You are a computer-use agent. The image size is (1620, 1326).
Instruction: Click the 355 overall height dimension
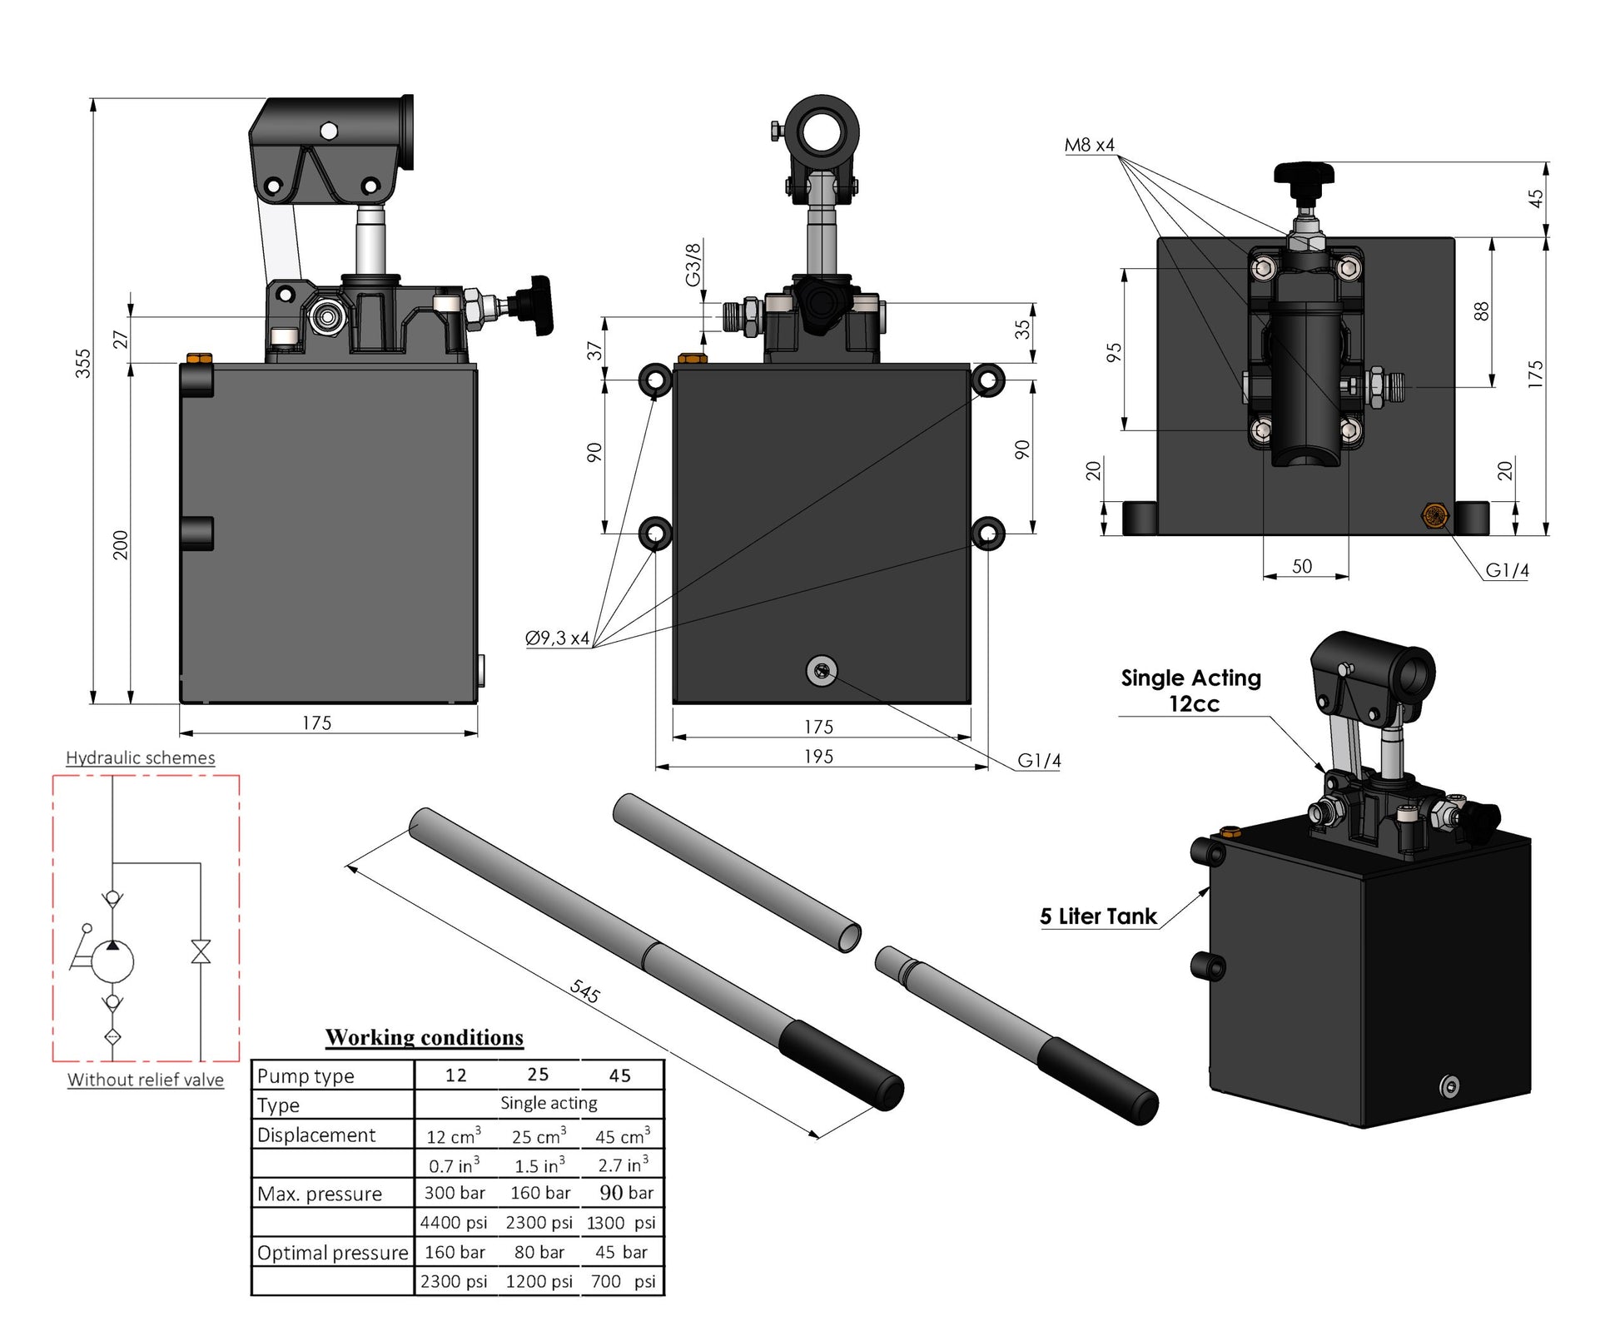83,363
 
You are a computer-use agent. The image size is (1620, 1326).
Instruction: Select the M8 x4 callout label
1089,145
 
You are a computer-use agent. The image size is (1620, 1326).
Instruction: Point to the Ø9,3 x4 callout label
557,638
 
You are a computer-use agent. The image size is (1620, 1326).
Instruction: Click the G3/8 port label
693,264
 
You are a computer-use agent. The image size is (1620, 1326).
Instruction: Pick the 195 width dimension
818,756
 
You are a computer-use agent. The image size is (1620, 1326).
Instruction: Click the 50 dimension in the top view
1302,566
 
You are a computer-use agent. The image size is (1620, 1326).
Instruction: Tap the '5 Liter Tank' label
1098,916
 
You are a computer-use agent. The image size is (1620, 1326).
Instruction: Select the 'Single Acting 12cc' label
1191,690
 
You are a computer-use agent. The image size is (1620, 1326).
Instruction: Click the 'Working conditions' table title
425,1037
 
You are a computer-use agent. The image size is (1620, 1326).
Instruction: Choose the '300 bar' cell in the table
455,1193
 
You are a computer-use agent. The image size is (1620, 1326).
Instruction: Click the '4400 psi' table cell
454,1223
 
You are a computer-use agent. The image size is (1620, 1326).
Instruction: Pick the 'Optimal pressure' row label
332,1253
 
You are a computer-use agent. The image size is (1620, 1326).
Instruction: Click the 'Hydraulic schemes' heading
140,757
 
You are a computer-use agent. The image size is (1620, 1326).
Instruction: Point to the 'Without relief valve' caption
146,1080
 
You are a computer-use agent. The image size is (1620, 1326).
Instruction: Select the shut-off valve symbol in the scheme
201,951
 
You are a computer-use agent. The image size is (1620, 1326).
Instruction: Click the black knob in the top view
1304,174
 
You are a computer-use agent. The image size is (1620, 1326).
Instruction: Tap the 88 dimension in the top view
1481,311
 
